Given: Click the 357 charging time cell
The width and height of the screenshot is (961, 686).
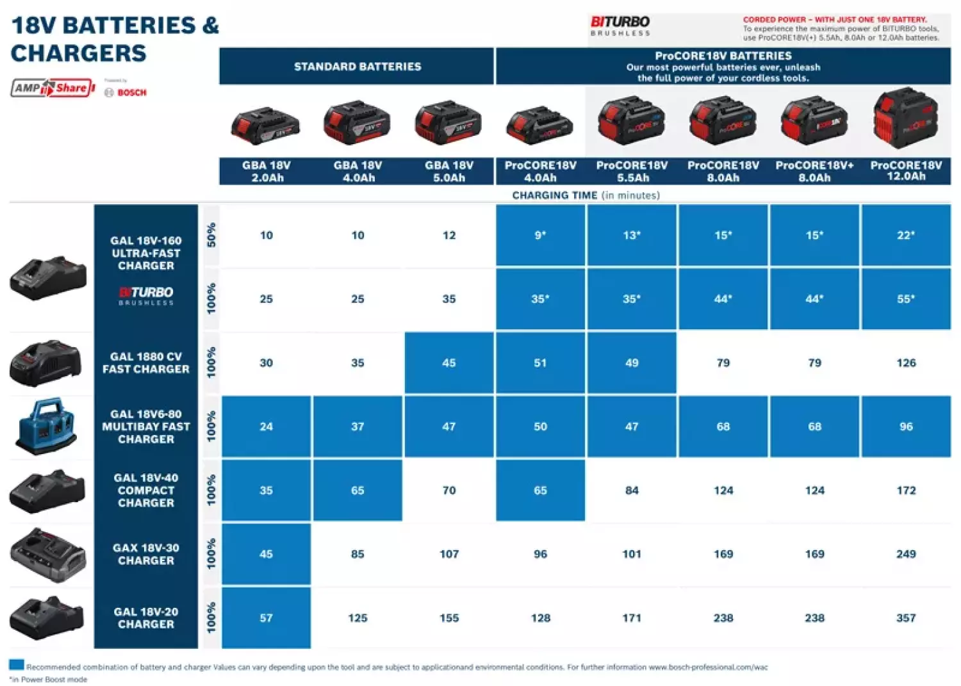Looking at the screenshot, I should coord(905,617).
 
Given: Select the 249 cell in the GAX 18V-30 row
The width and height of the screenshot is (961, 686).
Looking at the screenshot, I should coord(905,553).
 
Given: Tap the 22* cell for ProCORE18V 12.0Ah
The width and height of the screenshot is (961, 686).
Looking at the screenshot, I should coord(905,235).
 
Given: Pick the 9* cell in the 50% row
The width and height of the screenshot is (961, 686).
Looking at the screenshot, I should coord(540,235).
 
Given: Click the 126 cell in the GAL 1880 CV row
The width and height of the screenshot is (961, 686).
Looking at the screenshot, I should coord(905,363).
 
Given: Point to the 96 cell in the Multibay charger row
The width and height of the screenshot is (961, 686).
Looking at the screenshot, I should coord(905,426).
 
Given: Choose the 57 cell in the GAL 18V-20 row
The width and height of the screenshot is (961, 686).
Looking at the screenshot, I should coord(266,617).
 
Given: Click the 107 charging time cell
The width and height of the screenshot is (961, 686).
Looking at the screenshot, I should coord(448,553).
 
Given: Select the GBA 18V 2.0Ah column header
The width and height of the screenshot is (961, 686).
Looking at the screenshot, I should coord(266,171).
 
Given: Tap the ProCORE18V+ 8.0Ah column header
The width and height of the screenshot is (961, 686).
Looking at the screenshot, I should coord(814,171).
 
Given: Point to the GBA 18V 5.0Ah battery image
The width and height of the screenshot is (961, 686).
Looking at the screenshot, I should coord(448,122).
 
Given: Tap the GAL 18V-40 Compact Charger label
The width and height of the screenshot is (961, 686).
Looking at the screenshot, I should coord(145,490).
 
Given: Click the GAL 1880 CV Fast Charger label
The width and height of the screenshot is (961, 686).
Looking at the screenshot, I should coord(145,363).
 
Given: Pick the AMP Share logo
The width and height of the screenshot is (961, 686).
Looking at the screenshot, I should coord(53,88).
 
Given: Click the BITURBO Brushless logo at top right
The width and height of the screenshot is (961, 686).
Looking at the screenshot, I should coord(620,26).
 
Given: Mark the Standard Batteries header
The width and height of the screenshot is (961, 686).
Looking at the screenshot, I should coord(357,66).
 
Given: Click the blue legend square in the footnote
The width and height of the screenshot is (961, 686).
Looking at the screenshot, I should coord(17,664).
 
